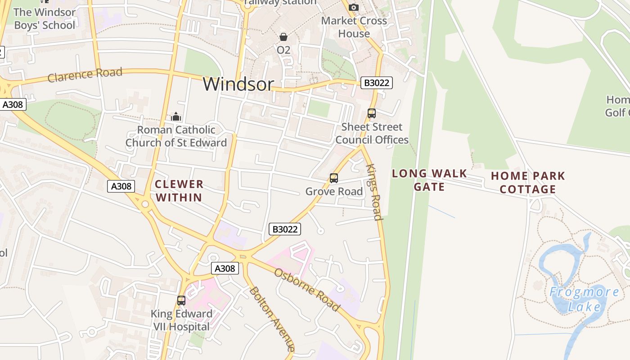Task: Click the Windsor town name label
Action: tap(238, 84)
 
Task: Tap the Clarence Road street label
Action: tap(85, 75)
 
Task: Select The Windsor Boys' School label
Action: tap(45, 18)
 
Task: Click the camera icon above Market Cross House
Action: tap(354, 7)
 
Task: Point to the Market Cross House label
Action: tap(354, 27)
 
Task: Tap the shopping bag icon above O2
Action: tap(283, 37)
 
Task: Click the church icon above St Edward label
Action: tap(176, 117)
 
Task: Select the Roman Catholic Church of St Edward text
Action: tap(176, 136)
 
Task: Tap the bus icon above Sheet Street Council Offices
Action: tap(372, 113)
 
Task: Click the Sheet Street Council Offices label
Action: tap(372, 133)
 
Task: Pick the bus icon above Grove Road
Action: tap(334, 178)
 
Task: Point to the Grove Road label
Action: tap(334, 192)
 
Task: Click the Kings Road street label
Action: tap(374, 192)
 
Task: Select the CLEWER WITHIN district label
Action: tap(179, 191)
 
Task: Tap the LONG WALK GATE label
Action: tap(429, 180)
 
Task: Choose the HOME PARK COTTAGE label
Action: tap(528, 182)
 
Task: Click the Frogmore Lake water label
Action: tap(584, 299)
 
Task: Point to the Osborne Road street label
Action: tap(306, 290)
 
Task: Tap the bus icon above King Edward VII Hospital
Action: tap(181, 301)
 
